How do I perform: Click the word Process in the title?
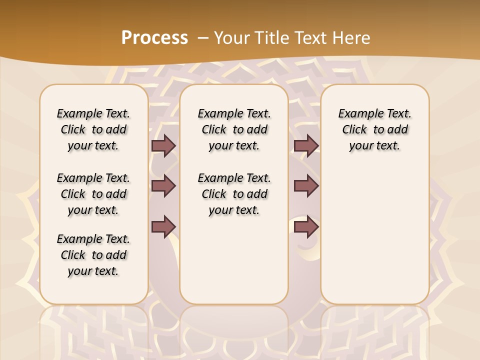154,37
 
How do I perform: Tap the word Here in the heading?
352,37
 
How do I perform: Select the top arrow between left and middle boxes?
163,145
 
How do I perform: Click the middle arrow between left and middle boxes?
163,186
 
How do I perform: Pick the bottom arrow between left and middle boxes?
163,226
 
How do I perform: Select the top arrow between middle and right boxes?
306,145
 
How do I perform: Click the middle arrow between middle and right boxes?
306,186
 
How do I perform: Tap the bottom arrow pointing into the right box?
306,226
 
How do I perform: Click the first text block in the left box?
93,129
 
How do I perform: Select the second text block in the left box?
93,194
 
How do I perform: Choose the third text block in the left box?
93,255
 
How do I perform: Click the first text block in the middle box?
234,129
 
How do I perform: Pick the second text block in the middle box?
234,194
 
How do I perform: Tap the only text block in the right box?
375,129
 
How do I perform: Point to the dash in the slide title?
203,37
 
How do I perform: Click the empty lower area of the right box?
375,240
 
